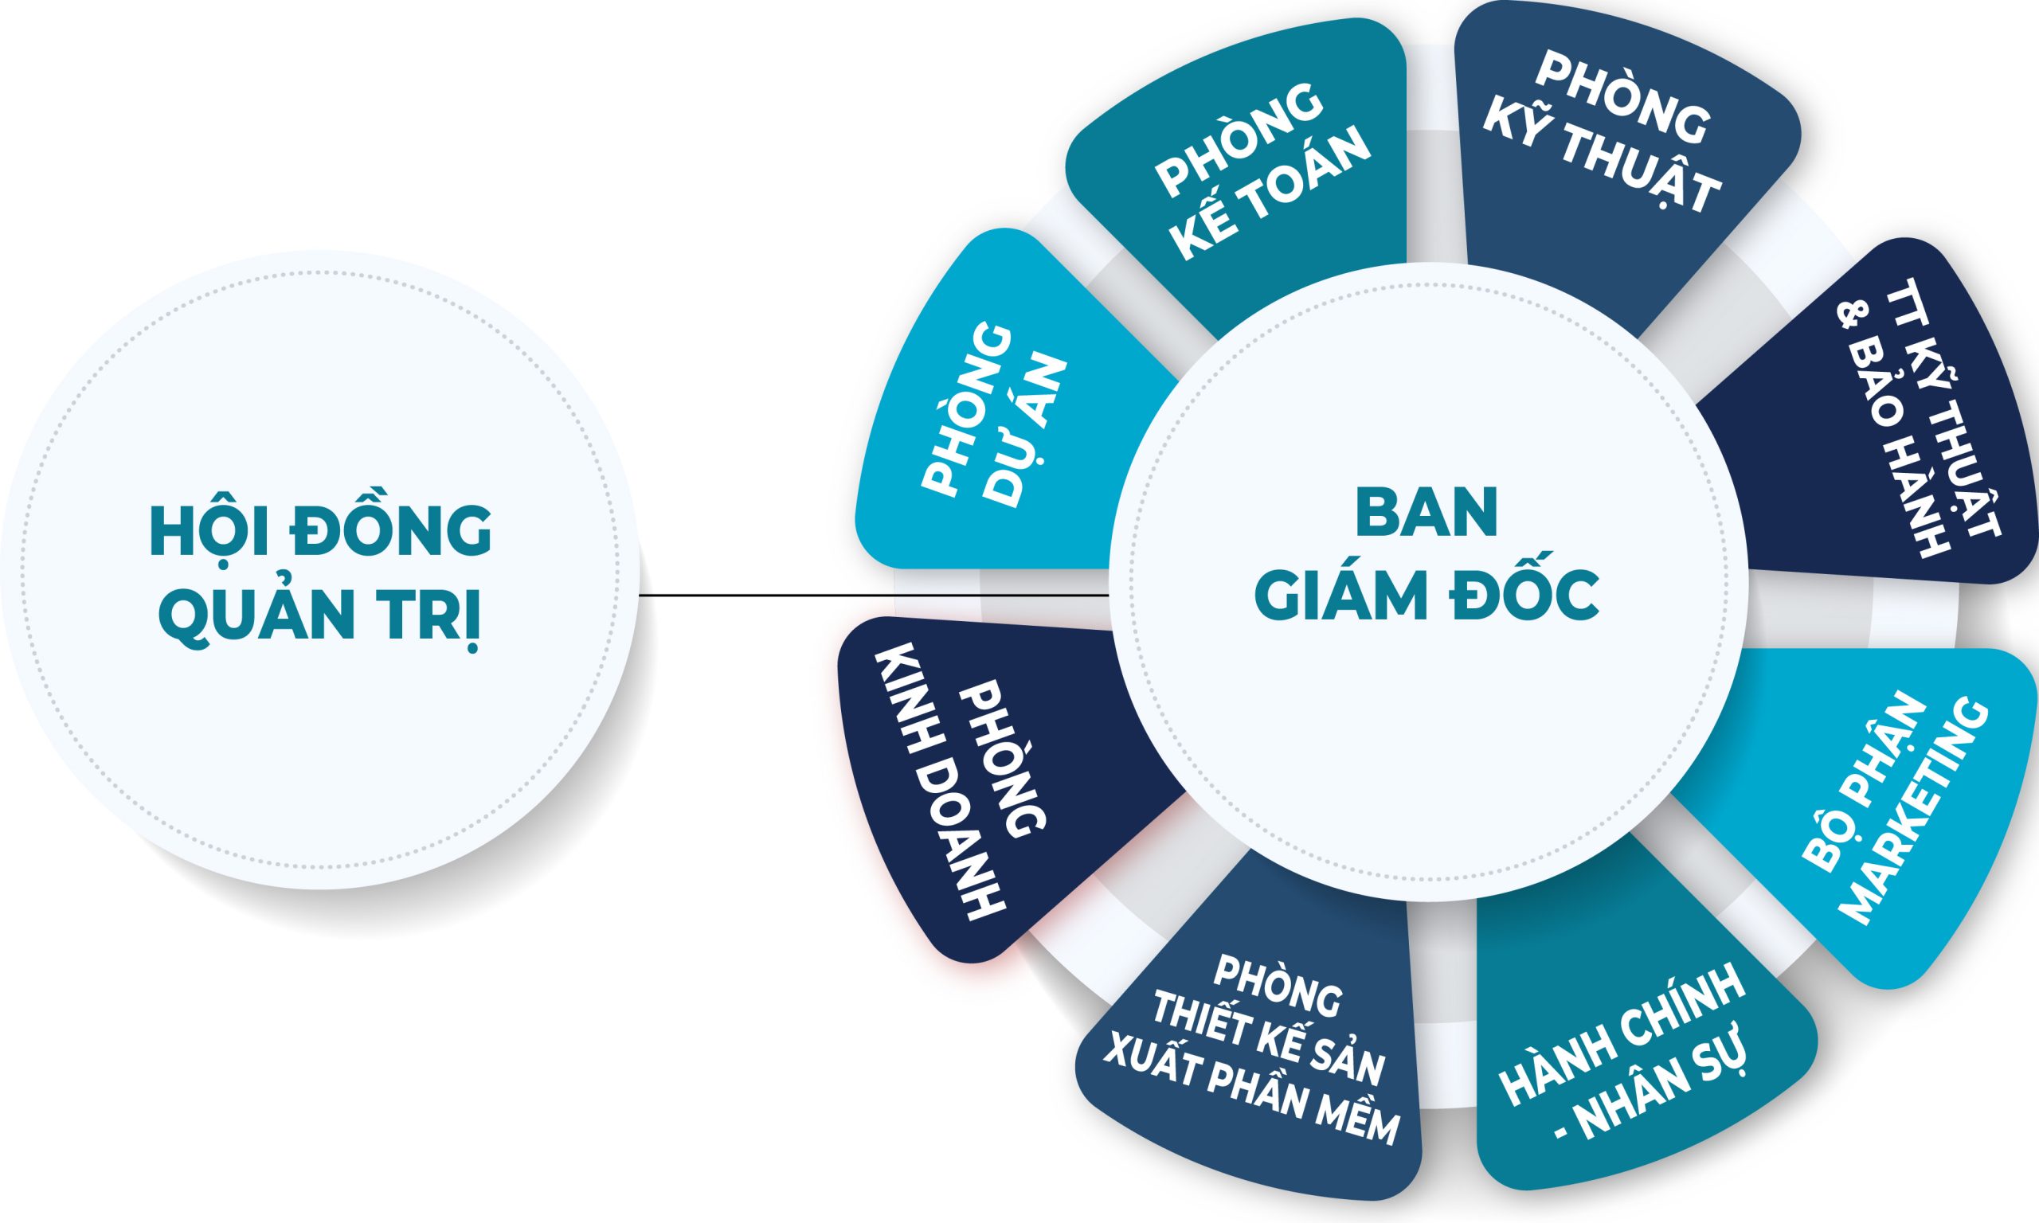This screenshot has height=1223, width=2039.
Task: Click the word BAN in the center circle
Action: [x=1427, y=514]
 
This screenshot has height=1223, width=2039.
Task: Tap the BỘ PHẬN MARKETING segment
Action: [x=1888, y=816]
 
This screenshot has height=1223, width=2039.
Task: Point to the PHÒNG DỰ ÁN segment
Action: [x=997, y=428]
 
